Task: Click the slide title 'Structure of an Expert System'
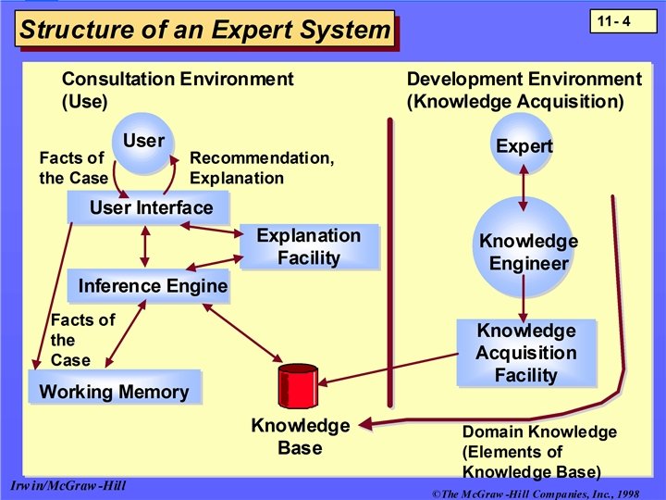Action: pyautogui.click(x=205, y=30)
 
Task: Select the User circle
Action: pyautogui.click(x=143, y=144)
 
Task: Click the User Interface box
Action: pyautogui.click(x=149, y=207)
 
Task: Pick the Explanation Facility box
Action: pyautogui.click(x=309, y=246)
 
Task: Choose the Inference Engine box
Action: pyautogui.click(x=150, y=286)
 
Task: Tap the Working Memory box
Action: pyautogui.click(x=114, y=391)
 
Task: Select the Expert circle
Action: pyautogui.click(x=524, y=145)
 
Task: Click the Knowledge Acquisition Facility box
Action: pyautogui.click(x=525, y=353)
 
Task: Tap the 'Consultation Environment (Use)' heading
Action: pyautogui.click(x=177, y=90)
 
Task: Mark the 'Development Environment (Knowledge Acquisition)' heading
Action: pyautogui.click(x=524, y=90)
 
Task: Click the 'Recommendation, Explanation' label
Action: pyautogui.click(x=262, y=168)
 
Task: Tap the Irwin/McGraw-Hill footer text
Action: pyautogui.click(x=68, y=485)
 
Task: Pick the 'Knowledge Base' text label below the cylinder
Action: pyautogui.click(x=300, y=437)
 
